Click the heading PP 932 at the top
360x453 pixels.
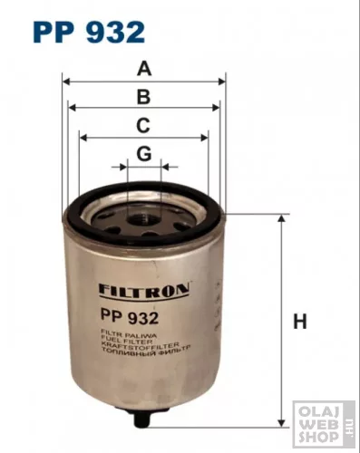coord(88,33)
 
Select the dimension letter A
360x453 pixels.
coord(143,68)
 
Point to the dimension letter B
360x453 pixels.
coord(143,97)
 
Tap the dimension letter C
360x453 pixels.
coord(143,126)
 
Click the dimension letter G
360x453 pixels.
coord(143,155)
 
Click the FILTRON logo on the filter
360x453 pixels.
coord(142,292)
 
